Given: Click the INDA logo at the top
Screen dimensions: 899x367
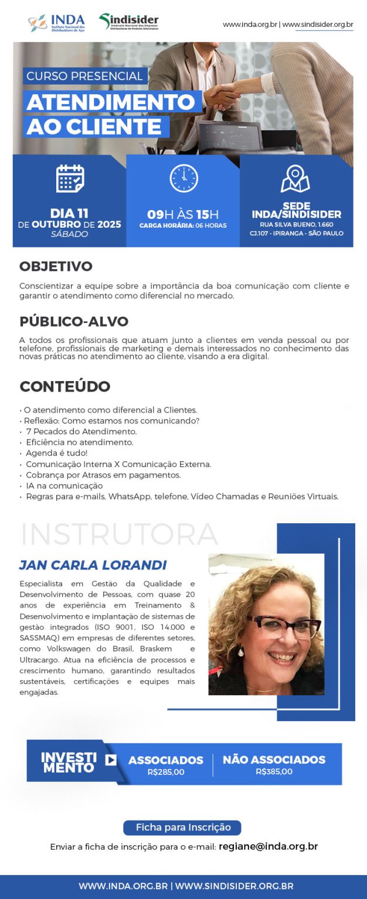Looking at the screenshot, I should tap(56, 23).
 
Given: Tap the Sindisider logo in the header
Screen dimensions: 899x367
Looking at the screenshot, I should tap(129, 22).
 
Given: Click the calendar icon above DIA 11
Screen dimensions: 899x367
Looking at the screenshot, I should tap(70, 179).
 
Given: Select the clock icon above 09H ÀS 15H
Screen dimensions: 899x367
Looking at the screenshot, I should tap(184, 179).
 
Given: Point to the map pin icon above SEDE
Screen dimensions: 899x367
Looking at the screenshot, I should tap(295, 179).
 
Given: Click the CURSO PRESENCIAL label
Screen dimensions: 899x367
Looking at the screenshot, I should tap(84, 76).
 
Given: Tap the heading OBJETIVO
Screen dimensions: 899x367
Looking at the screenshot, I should tap(56, 267).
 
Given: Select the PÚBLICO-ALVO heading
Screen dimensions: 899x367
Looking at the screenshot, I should tap(73, 321).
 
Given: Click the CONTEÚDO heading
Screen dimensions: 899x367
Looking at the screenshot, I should tap(64, 386).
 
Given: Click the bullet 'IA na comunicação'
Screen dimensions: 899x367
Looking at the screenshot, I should tap(64, 486).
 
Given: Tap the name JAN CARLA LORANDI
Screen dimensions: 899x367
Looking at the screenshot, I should tap(93, 565).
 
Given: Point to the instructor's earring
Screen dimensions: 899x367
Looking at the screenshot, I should tap(241, 652).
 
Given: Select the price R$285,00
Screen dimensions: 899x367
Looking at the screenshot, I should tap(166, 772).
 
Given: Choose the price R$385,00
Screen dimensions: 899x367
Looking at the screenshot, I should tap(274, 771).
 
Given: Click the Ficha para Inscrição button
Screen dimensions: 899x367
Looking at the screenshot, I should tap(182, 828).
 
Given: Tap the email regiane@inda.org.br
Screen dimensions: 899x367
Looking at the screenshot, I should tap(268, 846).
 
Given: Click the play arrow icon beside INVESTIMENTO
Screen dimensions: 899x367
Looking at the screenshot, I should tap(111, 760).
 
